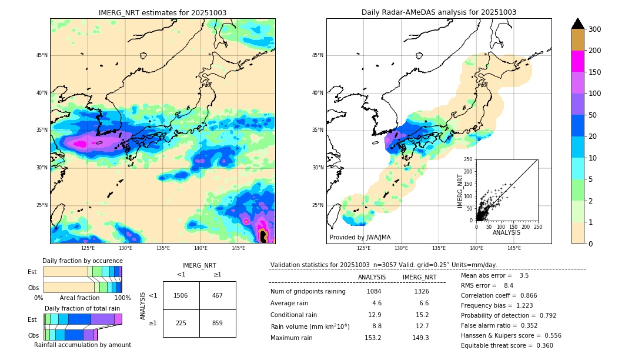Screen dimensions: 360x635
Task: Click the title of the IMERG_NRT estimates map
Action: [162, 12]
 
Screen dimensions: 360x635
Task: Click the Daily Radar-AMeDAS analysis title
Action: [439, 12]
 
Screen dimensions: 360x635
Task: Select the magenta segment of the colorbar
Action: [577, 61]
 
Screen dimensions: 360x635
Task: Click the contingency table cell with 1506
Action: [181, 295]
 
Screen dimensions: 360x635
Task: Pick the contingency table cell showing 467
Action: [218, 295]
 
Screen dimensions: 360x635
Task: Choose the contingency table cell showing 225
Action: [181, 323]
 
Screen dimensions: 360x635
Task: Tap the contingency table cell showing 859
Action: [218, 323]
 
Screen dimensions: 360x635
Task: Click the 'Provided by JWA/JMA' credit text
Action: [360, 237]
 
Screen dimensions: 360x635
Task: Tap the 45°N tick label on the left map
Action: [42, 55]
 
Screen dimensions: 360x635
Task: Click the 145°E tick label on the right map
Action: [514, 248]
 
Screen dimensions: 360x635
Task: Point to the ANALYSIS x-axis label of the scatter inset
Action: [506, 232]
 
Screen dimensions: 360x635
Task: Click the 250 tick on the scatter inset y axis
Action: [469, 159]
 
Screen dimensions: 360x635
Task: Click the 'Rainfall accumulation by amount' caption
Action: [82, 345]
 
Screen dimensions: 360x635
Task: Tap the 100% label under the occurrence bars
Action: [122, 298]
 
